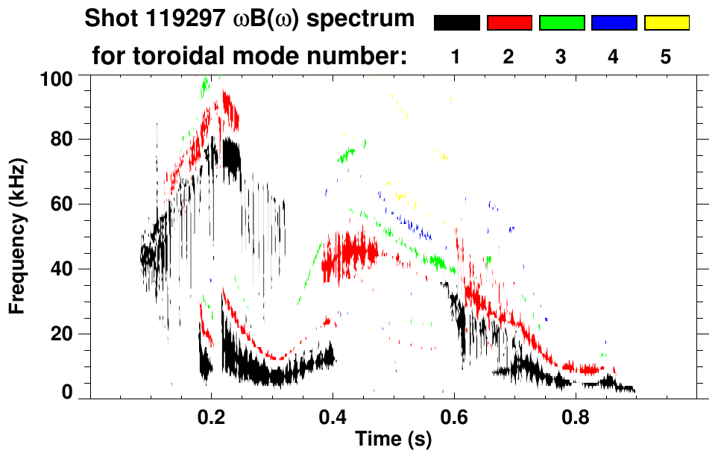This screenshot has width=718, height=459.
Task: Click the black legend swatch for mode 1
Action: [x=457, y=23]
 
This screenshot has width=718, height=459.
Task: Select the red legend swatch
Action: [x=509, y=23]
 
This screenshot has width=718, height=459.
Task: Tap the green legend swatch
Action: [x=561, y=23]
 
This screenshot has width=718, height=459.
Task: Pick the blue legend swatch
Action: [x=614, y=23]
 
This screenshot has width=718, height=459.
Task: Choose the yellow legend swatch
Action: [x=666, y=23]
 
